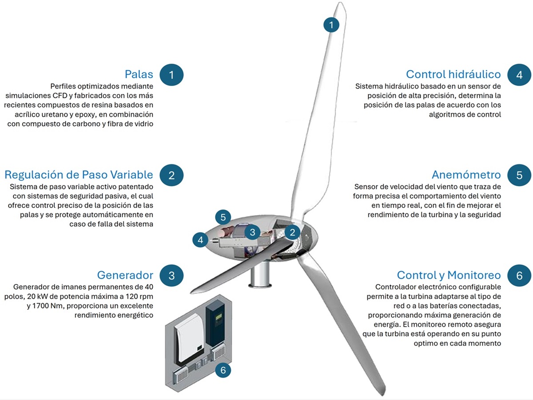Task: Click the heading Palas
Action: (139, 74)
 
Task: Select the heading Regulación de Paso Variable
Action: (79, 175)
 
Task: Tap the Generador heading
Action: (125, 275)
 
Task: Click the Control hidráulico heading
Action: (453, 74)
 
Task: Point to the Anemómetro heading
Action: (466, 175)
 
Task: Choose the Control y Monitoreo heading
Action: (449, 275)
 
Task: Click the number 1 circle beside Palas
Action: (171, 75)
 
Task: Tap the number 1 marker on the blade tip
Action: (331, 24)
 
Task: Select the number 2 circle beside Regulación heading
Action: (171, 175)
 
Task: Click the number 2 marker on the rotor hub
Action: (292, 232)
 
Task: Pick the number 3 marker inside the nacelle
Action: (253, 232)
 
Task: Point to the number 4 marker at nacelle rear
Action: (200, 240)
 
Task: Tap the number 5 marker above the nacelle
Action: (223, 217)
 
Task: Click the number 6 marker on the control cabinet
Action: (223, 370)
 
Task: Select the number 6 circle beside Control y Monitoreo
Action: (519, 276)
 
